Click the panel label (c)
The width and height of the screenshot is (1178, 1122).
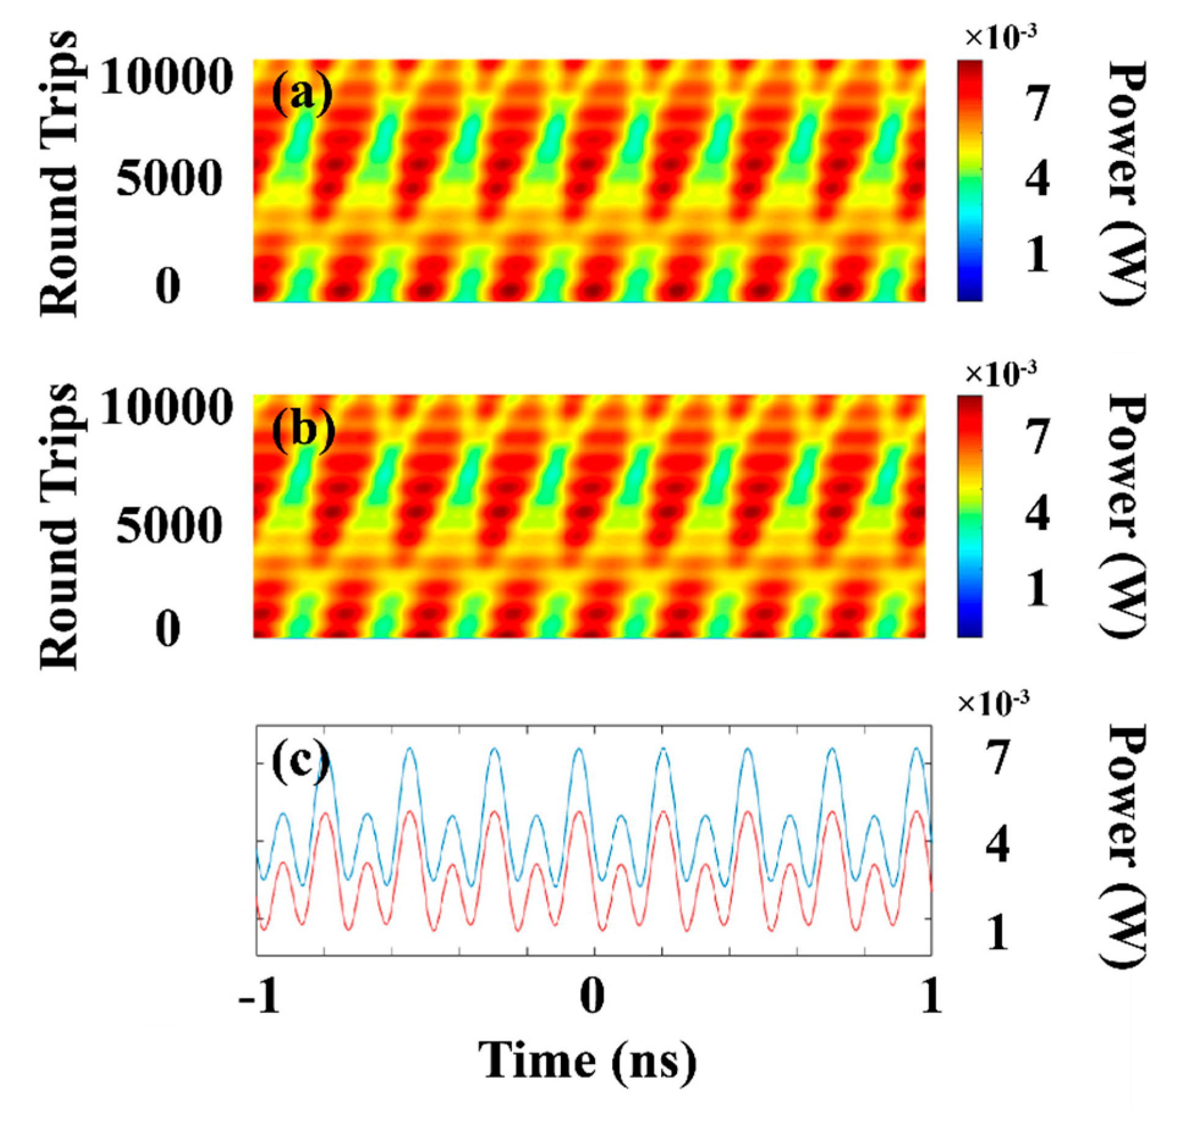(x=299, y=765)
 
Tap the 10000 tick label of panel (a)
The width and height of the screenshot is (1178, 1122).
(x=166, y=78)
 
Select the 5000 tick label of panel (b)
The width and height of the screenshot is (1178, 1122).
(x=169, y=526)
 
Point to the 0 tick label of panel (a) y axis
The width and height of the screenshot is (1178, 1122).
(x=168, y=286)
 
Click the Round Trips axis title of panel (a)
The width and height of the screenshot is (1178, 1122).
(x=59, y=174)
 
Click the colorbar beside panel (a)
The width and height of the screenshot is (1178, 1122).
(x=970, y=180)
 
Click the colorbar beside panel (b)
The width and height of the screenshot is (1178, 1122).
(x=970, y=516)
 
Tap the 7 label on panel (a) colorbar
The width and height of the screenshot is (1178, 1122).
(x=1037, y=103)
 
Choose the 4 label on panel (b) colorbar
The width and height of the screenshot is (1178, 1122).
(x=1037, y=513)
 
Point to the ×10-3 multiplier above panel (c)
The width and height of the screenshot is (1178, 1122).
(x=993, y=704)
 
